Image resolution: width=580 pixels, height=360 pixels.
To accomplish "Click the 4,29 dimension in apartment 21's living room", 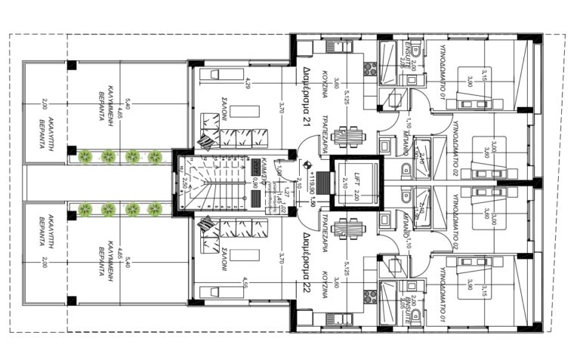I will [247, 82].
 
